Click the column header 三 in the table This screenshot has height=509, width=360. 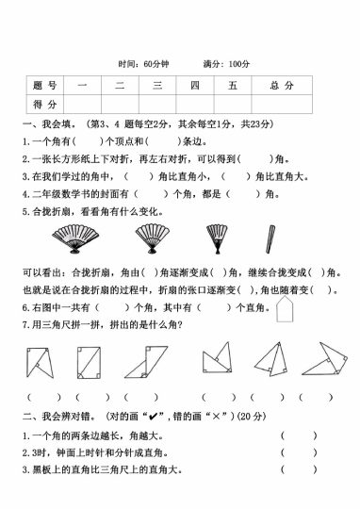(x=156, y=86)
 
